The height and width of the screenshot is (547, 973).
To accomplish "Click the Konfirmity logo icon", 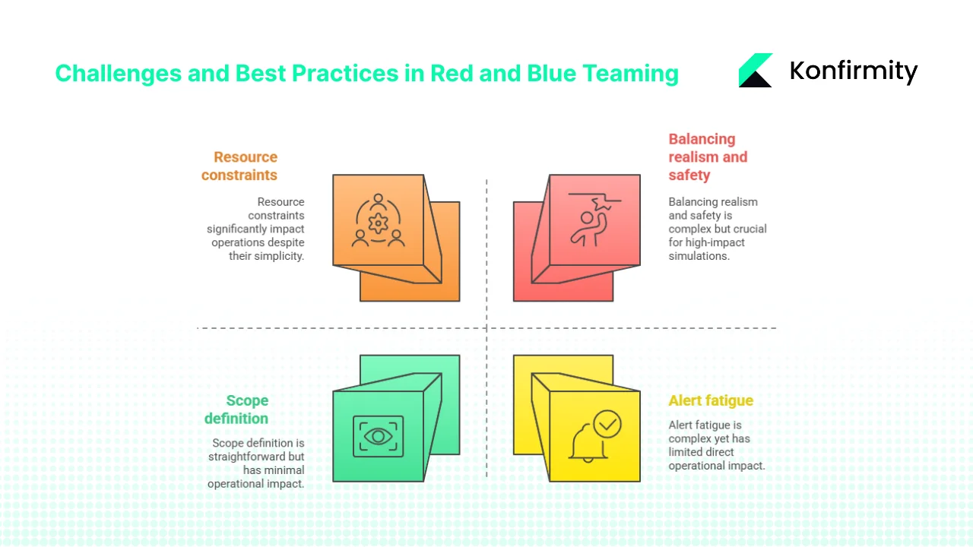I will [755, 71].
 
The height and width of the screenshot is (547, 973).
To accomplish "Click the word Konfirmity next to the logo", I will [853, 71].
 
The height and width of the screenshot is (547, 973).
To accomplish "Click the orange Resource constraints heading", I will [239, 166].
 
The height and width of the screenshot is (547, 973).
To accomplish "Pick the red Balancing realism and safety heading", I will [707, 157].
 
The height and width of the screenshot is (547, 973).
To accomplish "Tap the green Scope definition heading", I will [237, 409].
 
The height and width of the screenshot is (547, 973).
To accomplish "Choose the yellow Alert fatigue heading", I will [711, 400].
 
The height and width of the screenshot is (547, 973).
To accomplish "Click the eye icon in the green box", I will [378, 436].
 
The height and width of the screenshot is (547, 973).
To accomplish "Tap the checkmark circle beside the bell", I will [607, 424].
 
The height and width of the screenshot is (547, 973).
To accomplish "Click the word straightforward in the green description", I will [256, 457].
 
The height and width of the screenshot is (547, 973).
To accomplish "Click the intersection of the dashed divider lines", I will [486, 328].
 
